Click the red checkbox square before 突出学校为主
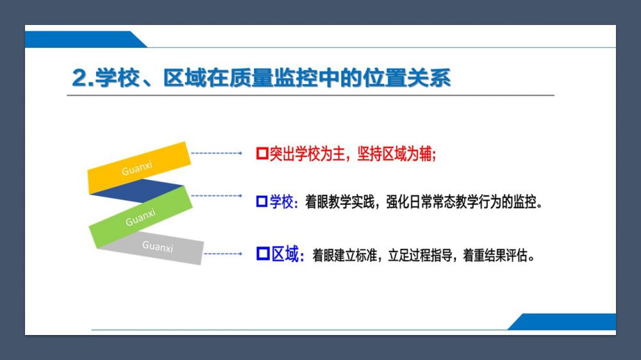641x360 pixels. tap(262, 154)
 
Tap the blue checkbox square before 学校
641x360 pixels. tap(262, 201)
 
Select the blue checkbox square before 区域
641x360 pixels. tap(263, 254)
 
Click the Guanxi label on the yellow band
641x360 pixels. tap(137, 168)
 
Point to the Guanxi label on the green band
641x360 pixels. tap(140, 217)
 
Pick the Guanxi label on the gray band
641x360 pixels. tap(158, 246)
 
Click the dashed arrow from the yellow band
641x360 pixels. tap(217, 153)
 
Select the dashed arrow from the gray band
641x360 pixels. tap(223, 254)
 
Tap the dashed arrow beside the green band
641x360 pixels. tap(217, 196)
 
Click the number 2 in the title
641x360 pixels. tap(80, 78)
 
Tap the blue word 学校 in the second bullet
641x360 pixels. tap(281, 202)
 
